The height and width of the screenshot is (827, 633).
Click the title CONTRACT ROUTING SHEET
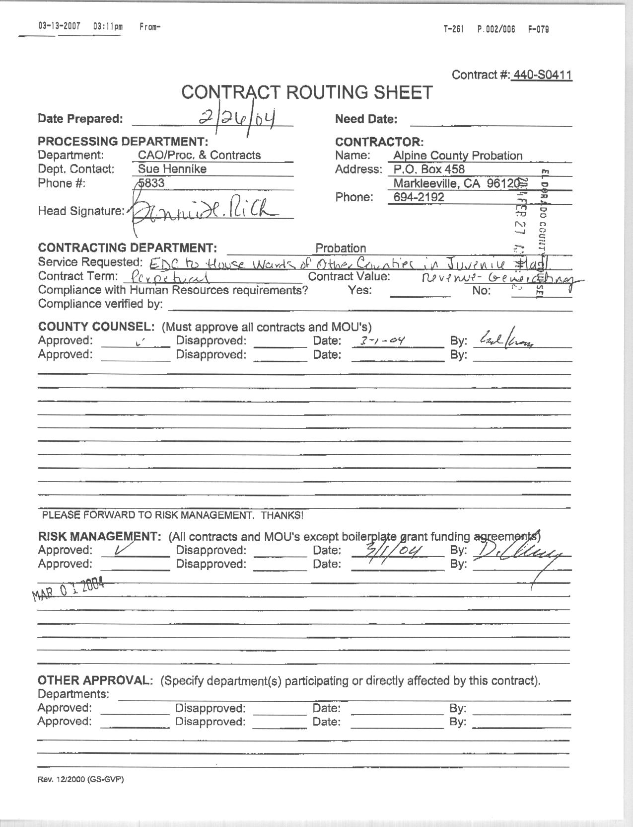coord(307,92)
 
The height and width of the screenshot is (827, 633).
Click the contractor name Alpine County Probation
coord(457,156)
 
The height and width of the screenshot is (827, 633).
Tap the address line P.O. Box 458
coord(428,169)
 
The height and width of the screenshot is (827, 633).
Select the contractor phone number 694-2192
coord(419,197)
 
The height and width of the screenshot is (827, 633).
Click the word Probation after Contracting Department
coord(341,248)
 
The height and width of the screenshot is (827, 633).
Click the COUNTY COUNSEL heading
coord(96,327)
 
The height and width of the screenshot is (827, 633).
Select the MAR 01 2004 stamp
coord(68,589)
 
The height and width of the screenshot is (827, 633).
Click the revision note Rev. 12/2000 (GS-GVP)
coord(80,779)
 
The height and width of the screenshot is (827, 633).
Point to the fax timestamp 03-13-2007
coord(59,26)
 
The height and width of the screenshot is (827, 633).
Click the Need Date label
coord(366,119)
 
